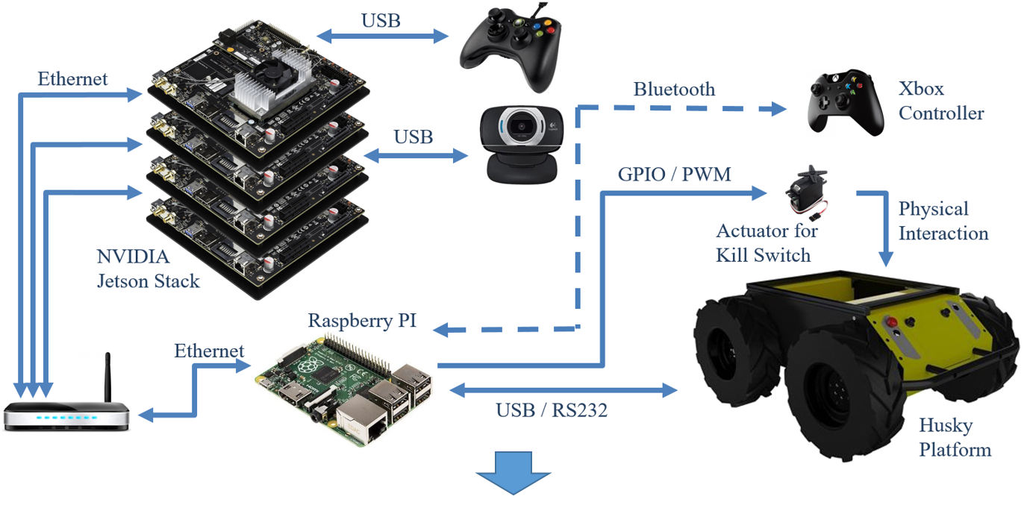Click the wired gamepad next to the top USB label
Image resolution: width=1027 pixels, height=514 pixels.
coord(509,49)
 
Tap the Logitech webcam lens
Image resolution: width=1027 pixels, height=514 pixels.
coord(522,129)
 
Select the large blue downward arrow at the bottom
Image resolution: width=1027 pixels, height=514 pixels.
coord(513,473)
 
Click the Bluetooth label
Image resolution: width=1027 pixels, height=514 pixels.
coord(674,90)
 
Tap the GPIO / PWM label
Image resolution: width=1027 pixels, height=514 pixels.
coord(674,175)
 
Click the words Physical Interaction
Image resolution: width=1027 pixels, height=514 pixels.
coord(943,221)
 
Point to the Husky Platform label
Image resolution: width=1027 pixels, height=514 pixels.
coord(955,438)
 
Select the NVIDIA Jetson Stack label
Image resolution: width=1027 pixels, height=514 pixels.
coord(148,269)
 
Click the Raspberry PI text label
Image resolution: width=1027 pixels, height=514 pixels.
coord(362,321)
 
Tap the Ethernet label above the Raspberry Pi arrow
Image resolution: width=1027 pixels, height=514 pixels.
coord(209,351)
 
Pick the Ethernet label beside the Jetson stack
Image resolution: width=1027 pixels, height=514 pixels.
coord(72,79)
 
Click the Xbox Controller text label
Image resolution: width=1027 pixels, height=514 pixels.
coord(940,101)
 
